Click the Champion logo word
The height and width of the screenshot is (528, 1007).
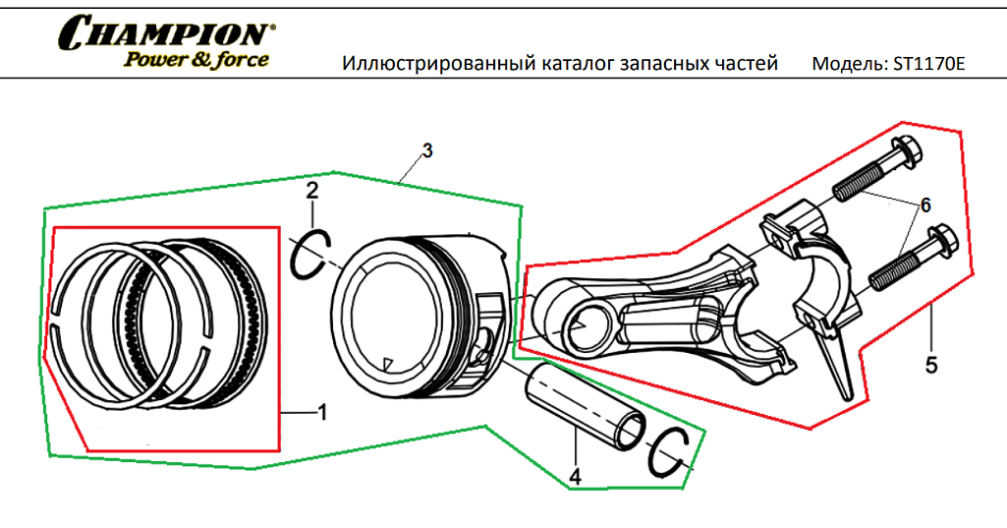click(x=164, y=33)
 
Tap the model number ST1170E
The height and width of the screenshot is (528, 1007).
click(x=929, y=65)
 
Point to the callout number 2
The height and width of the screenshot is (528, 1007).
click(x=311, y=190)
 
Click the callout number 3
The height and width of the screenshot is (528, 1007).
click(x=426, y=150)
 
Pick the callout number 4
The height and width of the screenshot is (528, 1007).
click(x=576, y=477)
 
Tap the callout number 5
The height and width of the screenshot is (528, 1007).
click(x=930, y=365)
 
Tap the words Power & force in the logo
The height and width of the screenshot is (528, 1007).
click(x=196, y=59)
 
